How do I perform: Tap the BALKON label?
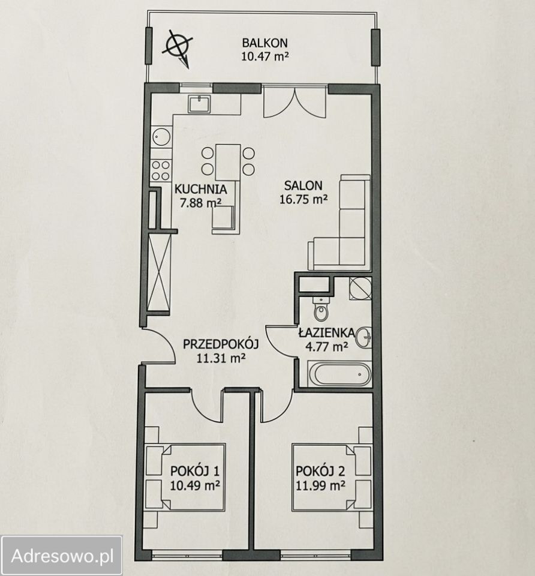click(x=265, y=43)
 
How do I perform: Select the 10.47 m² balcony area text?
click(x=265, y=56)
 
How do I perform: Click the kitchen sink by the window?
click(x=199, y=104)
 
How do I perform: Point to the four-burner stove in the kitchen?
click(x=161, y=170)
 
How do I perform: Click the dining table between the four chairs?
click(x=228, y=162)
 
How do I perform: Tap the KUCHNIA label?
click(x=200, y=189)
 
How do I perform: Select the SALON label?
click(x=303, y=185)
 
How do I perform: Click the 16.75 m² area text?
click(x=303, y=199)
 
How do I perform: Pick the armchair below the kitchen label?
click(x=223, y=219)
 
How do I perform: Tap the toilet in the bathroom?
click(x=321, y=310)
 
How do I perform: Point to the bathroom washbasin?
click(x=365, y=337)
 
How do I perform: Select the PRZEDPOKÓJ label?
click(x=221, y=344)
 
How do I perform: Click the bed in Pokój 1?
click(x=185, y=477)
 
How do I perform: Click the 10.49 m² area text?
click(x=194, y=485)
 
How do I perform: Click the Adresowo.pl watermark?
click(x=62, y=556)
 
